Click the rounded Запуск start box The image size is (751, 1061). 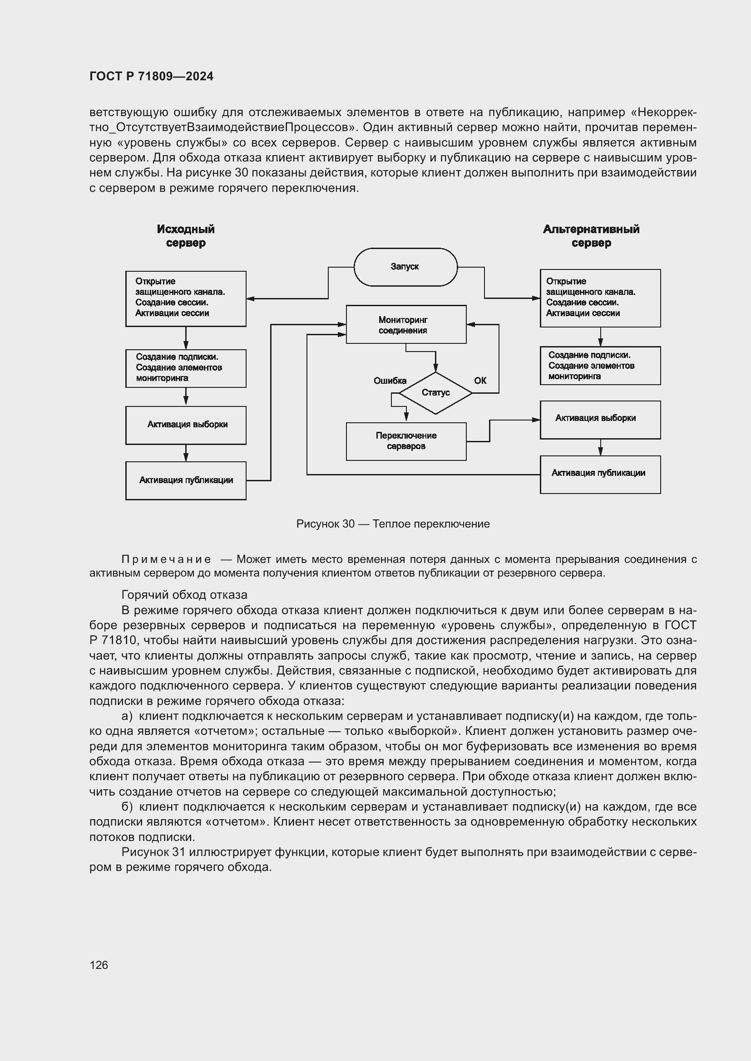click(x=405, y=267)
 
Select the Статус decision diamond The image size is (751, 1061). click(x=435, y=393)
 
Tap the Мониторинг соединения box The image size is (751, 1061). click(x=405, y=324)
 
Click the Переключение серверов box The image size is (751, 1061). click(x=405, y=441)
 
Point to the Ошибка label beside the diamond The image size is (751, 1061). click(x=390, y=381)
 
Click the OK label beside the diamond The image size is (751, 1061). click(x=480, y=381)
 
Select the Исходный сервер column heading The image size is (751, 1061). click(x=185, y=236)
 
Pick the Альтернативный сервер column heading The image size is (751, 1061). click(x=591, y=236)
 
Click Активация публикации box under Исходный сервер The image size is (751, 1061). click(x=185, y=480)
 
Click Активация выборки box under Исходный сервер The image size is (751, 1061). click(x=185, y=425)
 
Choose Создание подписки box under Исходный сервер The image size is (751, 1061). click(x=185, y=368)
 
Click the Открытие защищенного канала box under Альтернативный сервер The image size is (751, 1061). click(x=600, y=298)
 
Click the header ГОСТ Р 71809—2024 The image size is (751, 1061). click(x=151, y=76)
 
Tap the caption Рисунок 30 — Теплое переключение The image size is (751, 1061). click(x=393, y=523)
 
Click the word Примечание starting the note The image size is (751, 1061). click(x=166, y=559)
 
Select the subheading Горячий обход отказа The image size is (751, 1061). click(x=184, y=595)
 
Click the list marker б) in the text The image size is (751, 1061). click(x=127, y=807)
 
